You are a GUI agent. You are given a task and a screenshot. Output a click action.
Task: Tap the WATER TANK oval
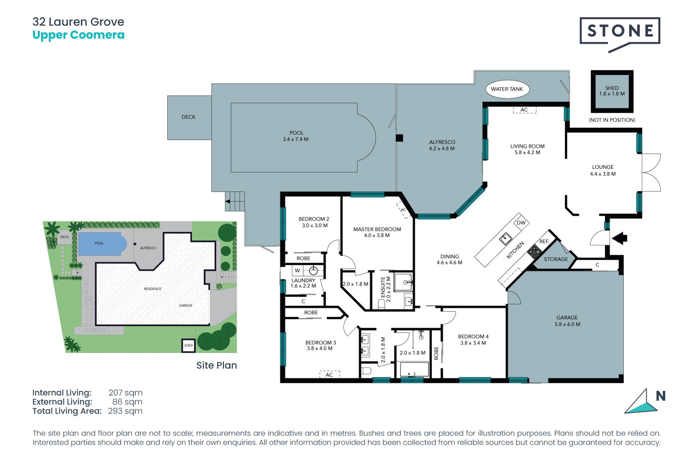pos(507,89)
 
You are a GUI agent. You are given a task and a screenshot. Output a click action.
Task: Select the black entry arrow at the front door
pos(620,238)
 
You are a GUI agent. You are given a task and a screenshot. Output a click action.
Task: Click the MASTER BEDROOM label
pos(377,229)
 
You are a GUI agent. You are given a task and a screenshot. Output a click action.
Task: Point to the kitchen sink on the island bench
pos(505,239)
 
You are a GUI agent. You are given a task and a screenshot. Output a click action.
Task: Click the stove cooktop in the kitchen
pos(534,250)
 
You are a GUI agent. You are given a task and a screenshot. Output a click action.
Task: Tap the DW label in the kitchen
pos(521,223)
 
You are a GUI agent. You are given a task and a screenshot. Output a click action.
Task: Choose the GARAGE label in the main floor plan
pos(567,318)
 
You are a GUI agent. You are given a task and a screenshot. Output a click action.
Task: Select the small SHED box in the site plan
pos(188,345)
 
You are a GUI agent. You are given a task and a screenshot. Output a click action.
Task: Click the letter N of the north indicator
pos(661,396)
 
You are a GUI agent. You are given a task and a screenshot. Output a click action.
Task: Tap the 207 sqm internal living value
pos(125,393)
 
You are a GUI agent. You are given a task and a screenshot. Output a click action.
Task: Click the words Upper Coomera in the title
pos(78,35)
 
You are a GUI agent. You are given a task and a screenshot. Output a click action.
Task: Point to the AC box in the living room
pos(524,110)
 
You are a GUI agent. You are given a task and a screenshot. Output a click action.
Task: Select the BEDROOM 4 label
pos(473,336)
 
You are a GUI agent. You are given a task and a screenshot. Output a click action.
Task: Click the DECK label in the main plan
pos(188,117)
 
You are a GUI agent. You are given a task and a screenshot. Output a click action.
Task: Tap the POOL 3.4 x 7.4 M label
pos(296,136)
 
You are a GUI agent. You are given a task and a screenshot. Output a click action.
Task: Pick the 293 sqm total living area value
pos(125,411)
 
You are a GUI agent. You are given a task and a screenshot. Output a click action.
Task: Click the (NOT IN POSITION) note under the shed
pos(612,120)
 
